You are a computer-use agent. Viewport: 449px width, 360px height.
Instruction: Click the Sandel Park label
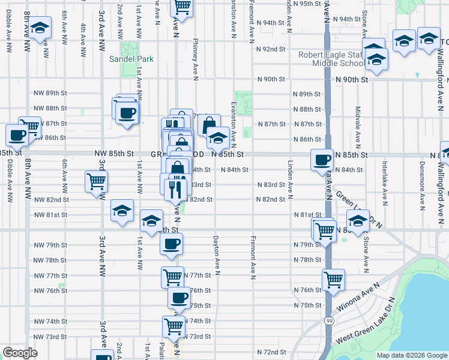click(x=131, y=59)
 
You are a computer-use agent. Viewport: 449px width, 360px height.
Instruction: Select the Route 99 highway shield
click(x=329, y=322)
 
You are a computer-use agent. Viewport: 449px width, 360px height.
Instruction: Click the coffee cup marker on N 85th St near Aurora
click(x=322, y=160)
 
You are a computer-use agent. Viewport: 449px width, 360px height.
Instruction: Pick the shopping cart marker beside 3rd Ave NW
click(x=96, y=181)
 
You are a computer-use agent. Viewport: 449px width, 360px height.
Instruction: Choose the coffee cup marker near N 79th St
click(x=172, y=244)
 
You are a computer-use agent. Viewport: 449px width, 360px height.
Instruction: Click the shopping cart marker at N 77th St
click(x=172, y=277)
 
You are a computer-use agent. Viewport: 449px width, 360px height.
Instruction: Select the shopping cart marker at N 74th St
click(x=173, y=326)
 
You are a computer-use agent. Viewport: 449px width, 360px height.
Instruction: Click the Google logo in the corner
click(x=20, y=353)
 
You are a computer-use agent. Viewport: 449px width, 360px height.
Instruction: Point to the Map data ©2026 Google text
click(x=411, y=355)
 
